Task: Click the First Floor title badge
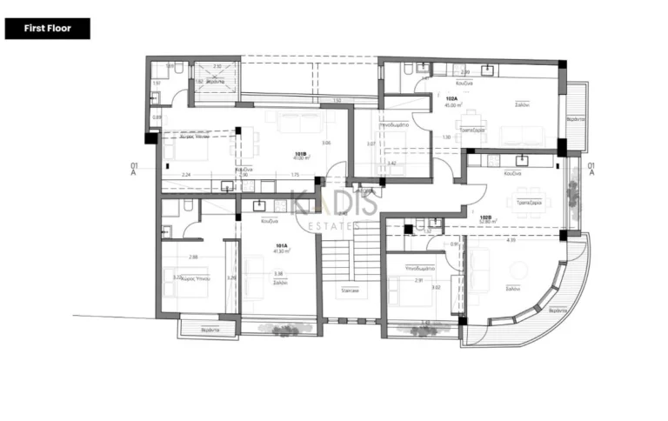pos(47,29)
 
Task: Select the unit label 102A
pos(451,99)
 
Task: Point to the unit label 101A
pos(282,245)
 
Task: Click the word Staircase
pos(351,291)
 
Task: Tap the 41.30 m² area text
pos(282,251)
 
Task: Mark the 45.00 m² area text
pos(451,105)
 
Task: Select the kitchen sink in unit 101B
pos(227,185)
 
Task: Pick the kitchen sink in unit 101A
pos(258,206)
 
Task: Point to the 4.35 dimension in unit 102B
pos(511,239)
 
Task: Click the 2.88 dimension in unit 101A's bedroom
pos(193,257)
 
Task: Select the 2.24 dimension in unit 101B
pos(186,175)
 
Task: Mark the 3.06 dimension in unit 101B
pos(325,143)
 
